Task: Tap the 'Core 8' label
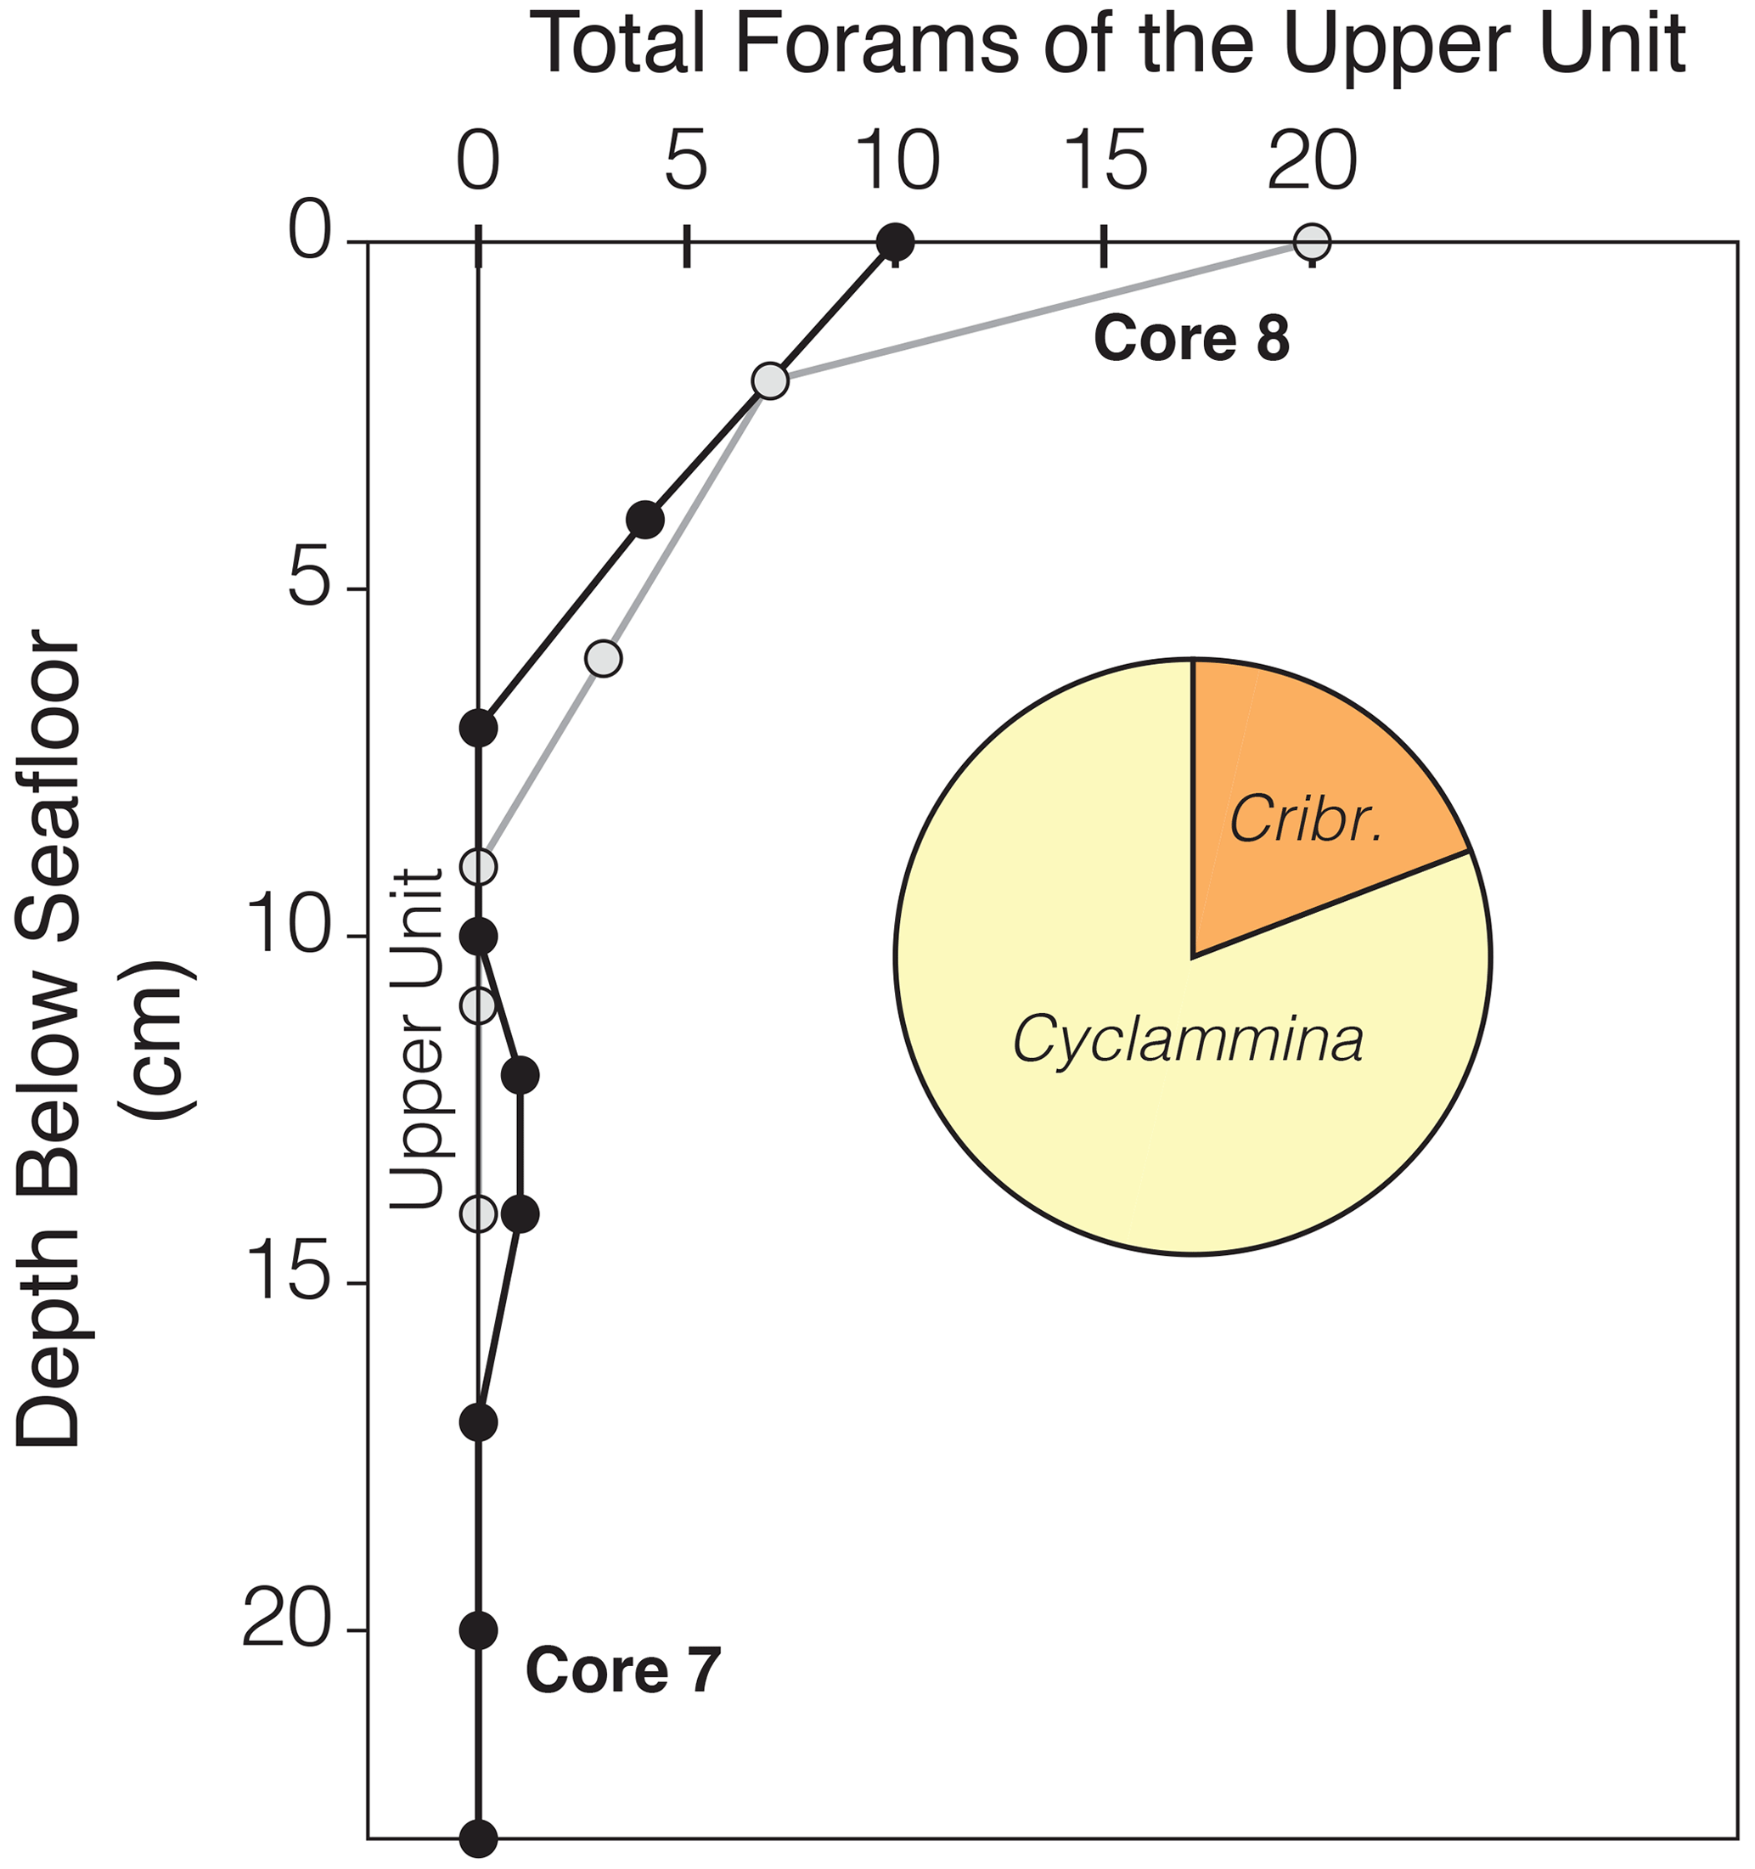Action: point(1191,339)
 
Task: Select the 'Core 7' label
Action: point(622,1669)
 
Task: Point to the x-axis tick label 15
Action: point(1105,160)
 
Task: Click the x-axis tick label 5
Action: point(686,160)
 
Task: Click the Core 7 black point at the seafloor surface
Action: point(895,242)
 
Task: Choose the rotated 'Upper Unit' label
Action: point(414,1038)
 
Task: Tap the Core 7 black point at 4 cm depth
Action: point(644,519)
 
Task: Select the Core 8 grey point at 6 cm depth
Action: point(604,658)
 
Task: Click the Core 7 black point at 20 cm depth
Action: point(479,1630)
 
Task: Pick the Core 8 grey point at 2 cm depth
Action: point(770,380)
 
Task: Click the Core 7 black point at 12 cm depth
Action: point(520,1074)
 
